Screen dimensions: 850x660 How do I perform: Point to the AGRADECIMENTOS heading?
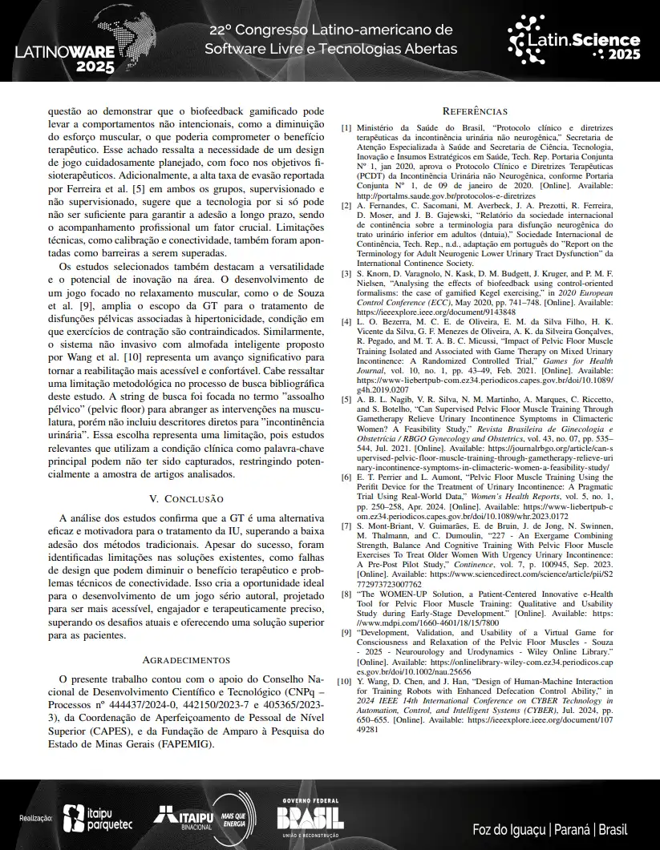click(186, 660)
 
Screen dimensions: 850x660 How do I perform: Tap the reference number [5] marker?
click(346, 398)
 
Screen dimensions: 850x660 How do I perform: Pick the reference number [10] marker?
click(344, 681)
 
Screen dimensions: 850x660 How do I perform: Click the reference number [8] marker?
click(346, 594)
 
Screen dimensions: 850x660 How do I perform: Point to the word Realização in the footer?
click(36, 819)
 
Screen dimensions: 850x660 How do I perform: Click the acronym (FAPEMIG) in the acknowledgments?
click(186, 743)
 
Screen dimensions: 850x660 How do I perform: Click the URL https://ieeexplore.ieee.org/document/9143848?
click(420, 312)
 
